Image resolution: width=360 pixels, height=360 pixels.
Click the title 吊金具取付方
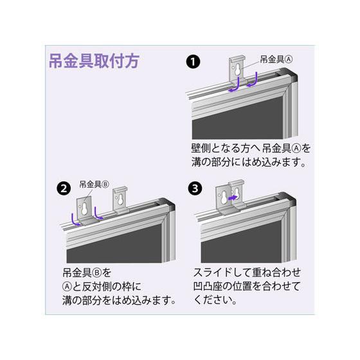(x=93, y=62)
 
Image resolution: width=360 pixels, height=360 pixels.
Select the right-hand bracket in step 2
(x=120, y=200)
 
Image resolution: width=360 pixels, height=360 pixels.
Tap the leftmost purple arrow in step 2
(x=77, y=219)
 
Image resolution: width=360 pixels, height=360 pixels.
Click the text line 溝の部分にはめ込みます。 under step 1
(x=248, y=163)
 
